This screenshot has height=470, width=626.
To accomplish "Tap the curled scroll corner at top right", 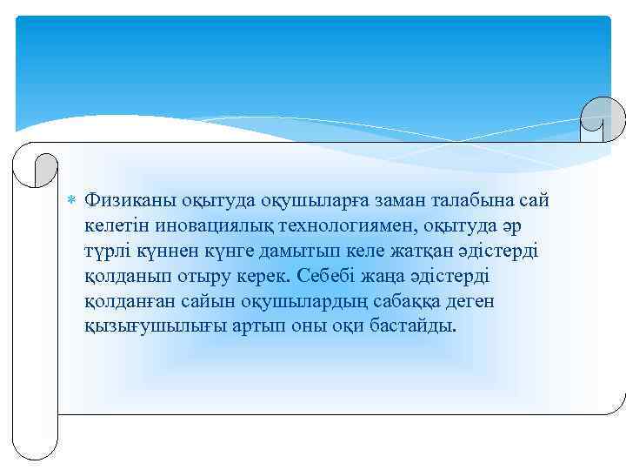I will pyautogui.click(x=601, y=118).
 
